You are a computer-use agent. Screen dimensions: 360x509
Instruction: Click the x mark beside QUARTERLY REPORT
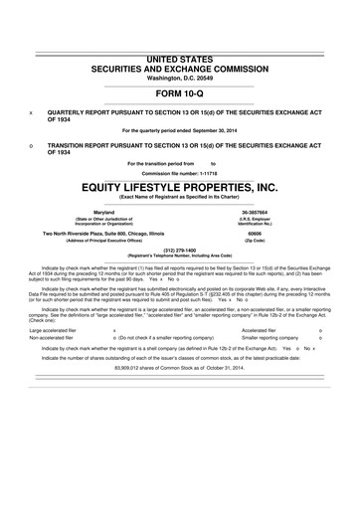click(x=31, y=112)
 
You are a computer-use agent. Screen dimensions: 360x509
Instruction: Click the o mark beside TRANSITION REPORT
click(x=31, y=145)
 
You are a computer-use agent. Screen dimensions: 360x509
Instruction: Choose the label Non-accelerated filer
click(x=54, y=338)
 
